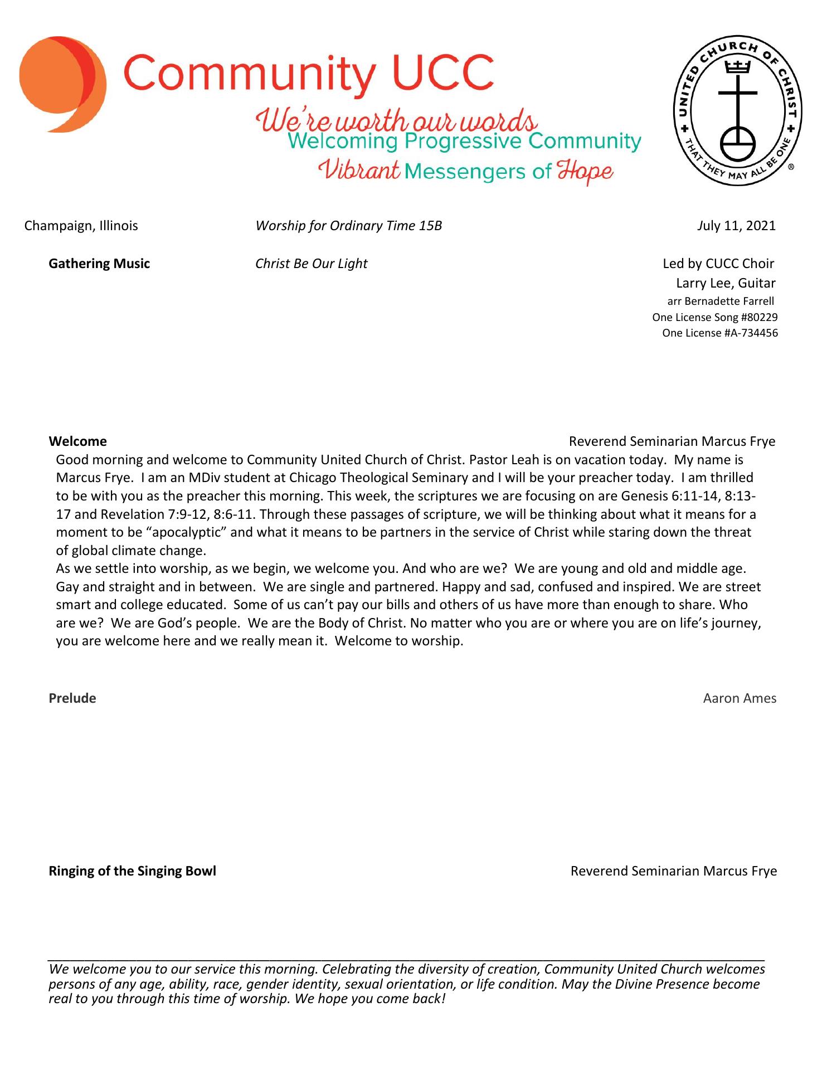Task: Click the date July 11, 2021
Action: pyautogui.click(x=736, y=226)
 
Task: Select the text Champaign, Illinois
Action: pyautogui.click(x=81, y=226)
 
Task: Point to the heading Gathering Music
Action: pyautogui.click(x=99, y=264)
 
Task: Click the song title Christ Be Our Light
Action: pyautogui.click(x=311, y=264)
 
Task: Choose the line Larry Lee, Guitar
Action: pyautogui.click(x=726, y=283)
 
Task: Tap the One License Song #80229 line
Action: pyautogui.click(x=715, y=318)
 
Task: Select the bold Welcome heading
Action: pyautogui.click(x=77, y=441)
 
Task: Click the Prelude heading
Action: pyautogui.click(x=72, y=698)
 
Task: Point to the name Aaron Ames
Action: pyautogui.click(x=740, y=698)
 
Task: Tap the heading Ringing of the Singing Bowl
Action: pyautogui.click(x=132, y=871)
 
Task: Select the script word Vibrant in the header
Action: pyautogui.click(x=359, y=170)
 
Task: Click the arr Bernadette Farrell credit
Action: pyautogui.click(x=721, y=301)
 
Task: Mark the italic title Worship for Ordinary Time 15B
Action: pyautogui.click(x=348, y=226)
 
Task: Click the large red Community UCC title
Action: pyautogui.click(x=309, y=74)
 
